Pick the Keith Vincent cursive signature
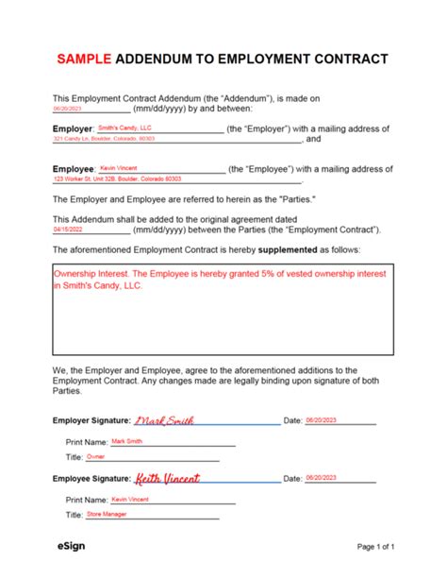(x=168, y=480)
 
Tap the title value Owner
(x=95, y=456)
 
